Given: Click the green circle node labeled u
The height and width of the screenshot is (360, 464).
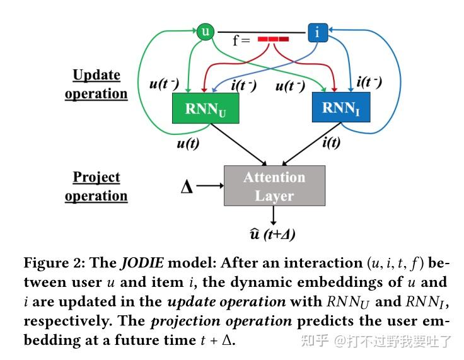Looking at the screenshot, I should tap(205, 32).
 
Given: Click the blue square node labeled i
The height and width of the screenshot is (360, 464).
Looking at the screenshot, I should tap(316, 32).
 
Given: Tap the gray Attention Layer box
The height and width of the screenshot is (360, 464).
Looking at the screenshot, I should tap(274, 186).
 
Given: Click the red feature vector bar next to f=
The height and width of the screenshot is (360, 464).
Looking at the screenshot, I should tap(273, 39).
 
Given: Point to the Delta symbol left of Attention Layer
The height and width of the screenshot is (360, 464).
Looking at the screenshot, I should tap(187, 187).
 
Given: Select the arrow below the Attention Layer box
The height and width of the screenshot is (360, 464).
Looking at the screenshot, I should tap(274, 216).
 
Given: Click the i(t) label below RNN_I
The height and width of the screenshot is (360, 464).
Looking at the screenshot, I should tap(331, 142).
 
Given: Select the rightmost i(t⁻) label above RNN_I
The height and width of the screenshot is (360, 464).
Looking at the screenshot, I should tap(369, 81).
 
